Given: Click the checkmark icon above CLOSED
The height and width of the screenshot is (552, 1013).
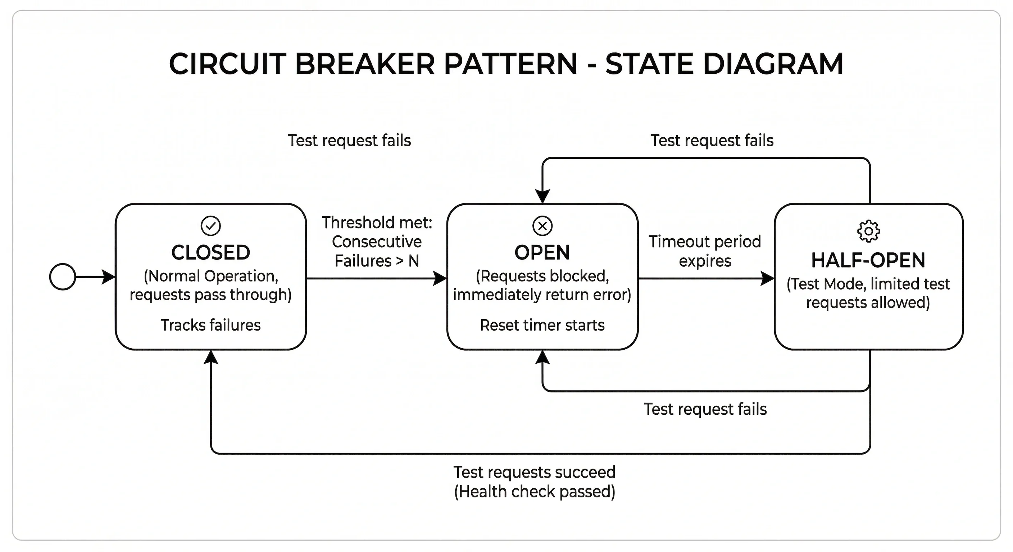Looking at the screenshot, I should pos(210,226).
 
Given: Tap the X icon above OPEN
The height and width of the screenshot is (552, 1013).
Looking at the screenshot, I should pos(542,226).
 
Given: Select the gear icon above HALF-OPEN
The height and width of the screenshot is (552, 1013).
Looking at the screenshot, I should pos(868,231).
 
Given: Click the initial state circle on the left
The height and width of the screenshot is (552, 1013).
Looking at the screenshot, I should pos(63,277).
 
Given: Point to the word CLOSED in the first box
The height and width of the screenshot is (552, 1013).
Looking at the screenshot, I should pos(210,252).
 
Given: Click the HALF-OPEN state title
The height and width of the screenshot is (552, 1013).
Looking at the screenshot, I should pos(868,260).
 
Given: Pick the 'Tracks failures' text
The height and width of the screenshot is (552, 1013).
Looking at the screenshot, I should pos(210,325).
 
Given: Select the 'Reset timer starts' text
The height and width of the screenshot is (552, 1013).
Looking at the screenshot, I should pos(542,325).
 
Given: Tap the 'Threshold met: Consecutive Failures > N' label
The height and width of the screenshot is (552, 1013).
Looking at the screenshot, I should pos(377,241).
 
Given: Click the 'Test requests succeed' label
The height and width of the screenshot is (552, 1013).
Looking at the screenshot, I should pos(535,472).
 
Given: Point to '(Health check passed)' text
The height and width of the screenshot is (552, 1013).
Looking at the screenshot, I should pos(535,492).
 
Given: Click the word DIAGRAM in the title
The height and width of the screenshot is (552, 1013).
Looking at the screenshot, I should pos(773,64).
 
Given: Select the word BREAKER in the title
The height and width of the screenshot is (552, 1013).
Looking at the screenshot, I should pos(364,64).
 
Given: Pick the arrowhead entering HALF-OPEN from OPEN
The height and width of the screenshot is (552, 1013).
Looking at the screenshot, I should pos(767,279).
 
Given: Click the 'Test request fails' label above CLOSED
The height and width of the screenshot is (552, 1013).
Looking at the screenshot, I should pos(349,140).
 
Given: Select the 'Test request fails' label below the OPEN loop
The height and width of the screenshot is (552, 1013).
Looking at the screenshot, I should pos(705,409).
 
